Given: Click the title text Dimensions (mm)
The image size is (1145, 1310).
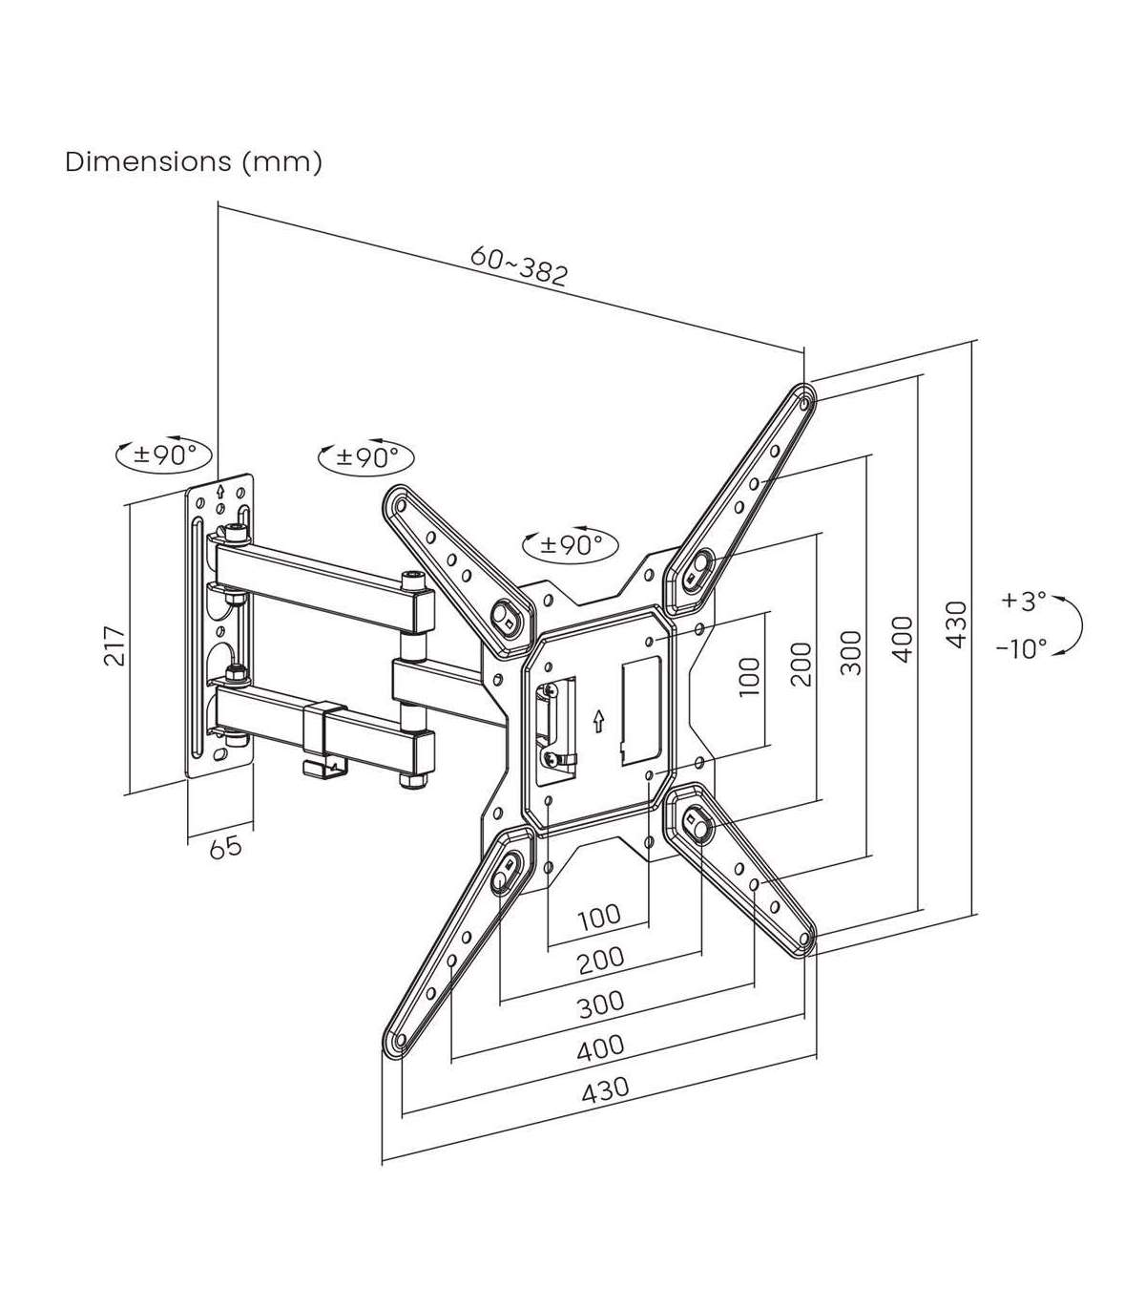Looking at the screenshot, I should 194,162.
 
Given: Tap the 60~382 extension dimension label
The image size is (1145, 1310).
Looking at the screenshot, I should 519,266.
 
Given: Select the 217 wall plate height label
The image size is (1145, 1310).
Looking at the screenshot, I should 115,646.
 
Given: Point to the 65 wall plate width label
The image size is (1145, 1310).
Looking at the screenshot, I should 225,846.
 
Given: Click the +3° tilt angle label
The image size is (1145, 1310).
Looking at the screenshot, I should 1024,602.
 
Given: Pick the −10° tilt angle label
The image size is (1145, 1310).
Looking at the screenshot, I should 1021,649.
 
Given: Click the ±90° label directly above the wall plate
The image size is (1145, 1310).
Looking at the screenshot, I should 163,454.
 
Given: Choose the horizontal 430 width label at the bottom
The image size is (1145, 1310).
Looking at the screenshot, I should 605,1089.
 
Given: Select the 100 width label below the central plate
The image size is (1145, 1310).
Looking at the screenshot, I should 599,917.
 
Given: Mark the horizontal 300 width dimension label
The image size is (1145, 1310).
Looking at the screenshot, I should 601,1002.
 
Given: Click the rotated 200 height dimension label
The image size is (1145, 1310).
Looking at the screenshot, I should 801,665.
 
